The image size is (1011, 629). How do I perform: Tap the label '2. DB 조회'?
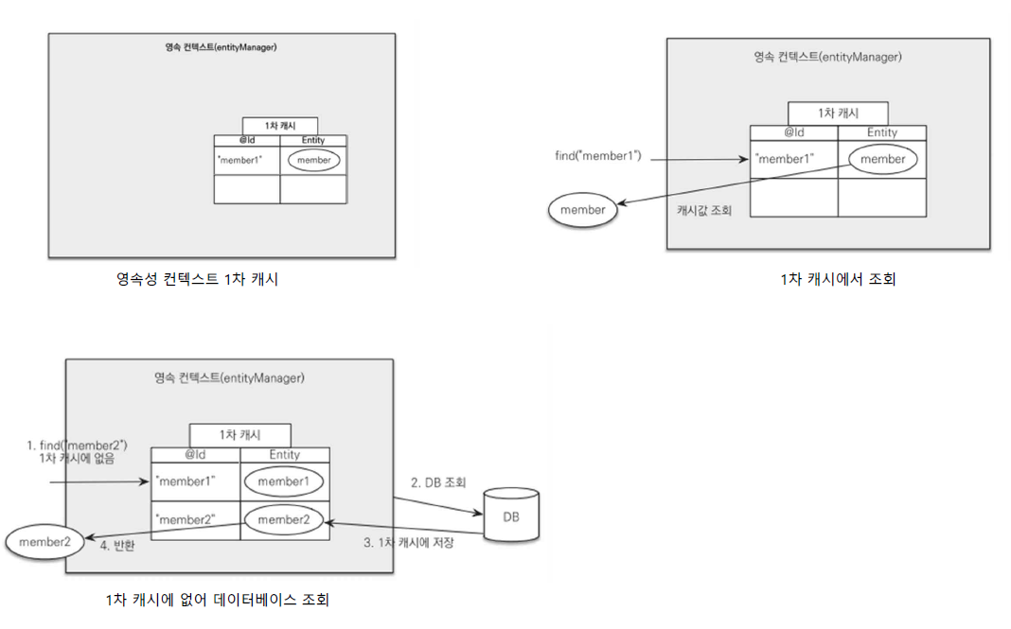click(x=439, y=482)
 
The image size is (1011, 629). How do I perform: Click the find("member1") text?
click(x=598, y=155)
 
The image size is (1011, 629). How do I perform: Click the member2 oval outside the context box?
click(x=39, y=541)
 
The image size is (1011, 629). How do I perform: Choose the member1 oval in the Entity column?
click(x=284, y=481)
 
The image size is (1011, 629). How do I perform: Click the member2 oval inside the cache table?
click(x=284, y=519)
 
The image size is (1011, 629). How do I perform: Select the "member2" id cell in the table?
click(x=185, y=520)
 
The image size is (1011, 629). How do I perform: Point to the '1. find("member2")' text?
click(x=78, y=445)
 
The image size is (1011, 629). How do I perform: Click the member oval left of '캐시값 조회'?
click(x=583, y=210)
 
